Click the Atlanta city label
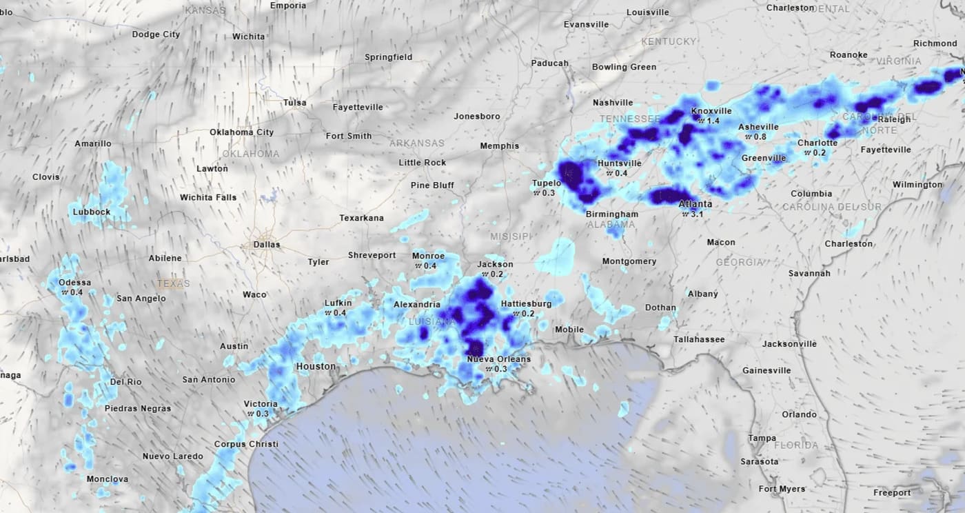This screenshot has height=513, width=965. [695, 204]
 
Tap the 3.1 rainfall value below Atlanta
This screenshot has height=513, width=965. [697, 214]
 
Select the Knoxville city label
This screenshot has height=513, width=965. [711, 111]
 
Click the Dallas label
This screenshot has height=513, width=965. [267, 244]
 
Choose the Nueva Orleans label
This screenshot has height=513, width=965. [499, 359]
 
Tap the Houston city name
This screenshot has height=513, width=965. [316, 366]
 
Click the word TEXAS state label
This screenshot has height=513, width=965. [173, 283]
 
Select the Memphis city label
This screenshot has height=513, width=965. [500, 146]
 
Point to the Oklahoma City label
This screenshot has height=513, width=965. [241, 132]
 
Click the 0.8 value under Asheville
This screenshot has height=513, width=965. [760, 137]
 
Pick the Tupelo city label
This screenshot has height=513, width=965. [547, 183]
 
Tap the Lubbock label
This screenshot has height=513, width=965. [92, 212]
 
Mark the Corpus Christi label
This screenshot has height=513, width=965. [246, 444]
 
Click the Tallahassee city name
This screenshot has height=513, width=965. [699, 339]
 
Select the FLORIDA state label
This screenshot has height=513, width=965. [796, 445]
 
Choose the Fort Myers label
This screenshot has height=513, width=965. [782, 490]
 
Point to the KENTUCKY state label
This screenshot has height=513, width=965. [669, 41]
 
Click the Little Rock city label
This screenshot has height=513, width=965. [423, 163]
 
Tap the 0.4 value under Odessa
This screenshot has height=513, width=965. [76, 292]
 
